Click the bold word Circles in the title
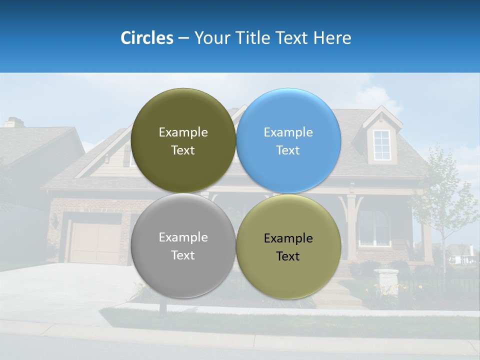click(146, 38)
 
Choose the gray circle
click(183, 275)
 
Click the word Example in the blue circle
click(288, 132)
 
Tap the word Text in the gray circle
click(183, 255)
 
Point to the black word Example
click(288, 238)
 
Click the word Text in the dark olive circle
click(183, 150)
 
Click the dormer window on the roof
click(382, 145)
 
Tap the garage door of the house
click(95, 243)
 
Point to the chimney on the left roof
click(14, 122)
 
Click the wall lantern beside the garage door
click(54, 221)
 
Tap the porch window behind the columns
click(374, 227)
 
